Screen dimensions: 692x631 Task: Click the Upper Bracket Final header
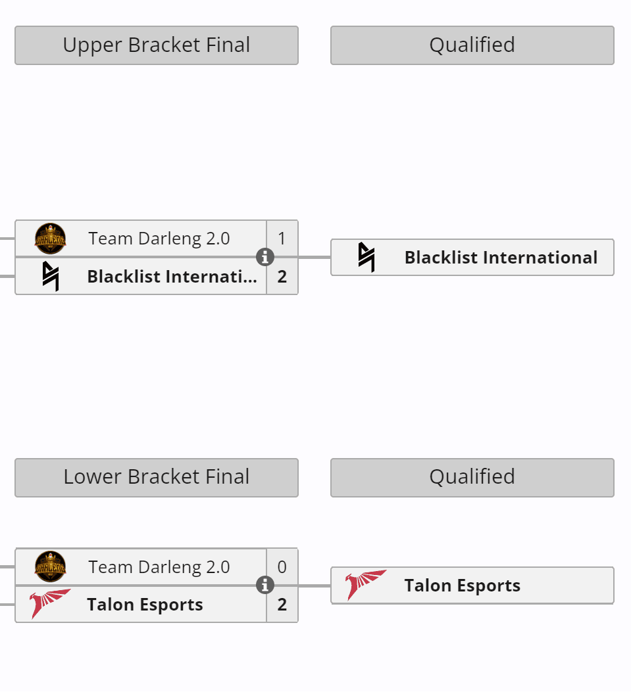[x=157, y=45]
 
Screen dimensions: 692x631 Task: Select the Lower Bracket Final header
[x=157, y=477]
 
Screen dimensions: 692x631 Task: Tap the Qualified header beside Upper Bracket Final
[x=472, y=45]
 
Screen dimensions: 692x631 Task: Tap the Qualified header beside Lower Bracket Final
[x=472, y=477]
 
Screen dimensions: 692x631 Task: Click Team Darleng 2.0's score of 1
[x=282, y=239]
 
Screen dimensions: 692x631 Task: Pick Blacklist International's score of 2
[x=282, y=276]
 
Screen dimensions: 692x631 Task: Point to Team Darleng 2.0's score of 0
[x=282, y=567]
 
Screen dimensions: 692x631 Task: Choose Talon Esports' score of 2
[x=282, y=605]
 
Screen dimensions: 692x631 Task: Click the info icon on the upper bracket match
[x=265, y=257]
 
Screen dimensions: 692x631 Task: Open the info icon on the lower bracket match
[x=265, y=585]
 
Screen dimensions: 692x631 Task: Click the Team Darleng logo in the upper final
[x=51, y=239]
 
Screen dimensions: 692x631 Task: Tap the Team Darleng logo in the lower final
[x=51, y=566]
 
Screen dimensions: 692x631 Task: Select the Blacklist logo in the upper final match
[x=51, y=276]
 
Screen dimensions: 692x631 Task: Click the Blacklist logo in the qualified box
[x=366, y=257]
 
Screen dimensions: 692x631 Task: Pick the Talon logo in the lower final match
[x=51, y=604]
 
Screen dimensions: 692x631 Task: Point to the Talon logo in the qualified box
[x=366, y=585]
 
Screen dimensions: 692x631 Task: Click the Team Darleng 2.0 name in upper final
[x=159, y=239]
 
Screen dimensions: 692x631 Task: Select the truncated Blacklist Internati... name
[x=172, y=276]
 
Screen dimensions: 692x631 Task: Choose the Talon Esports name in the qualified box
[x=462, y=586]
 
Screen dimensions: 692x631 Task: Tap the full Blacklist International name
[x=501, y=258]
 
